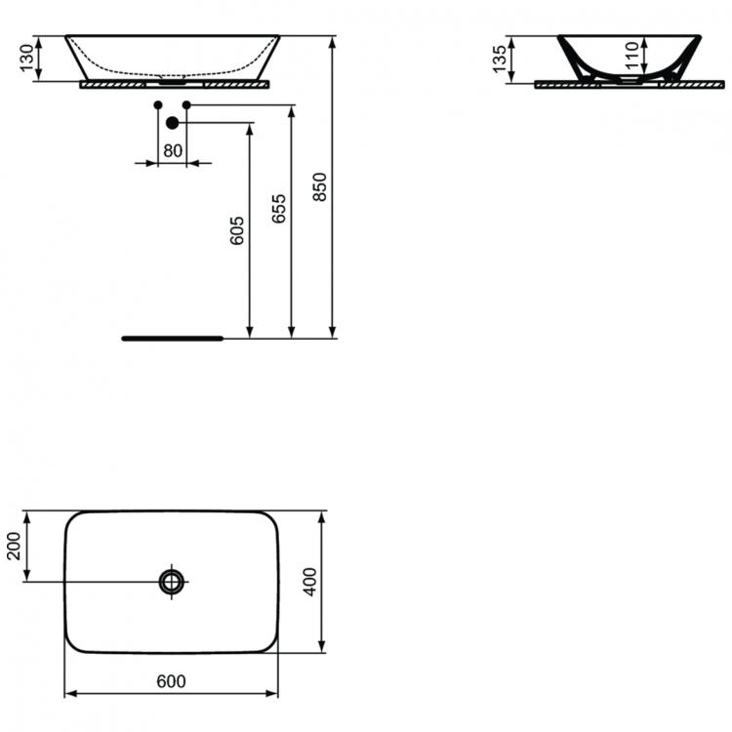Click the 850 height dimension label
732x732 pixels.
pos(320,186)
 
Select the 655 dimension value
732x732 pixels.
pos(279,209)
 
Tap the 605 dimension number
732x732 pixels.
pos(237,230)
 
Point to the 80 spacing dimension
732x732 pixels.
pos(173,150)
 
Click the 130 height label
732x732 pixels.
pos(27,58)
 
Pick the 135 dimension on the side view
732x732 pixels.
pos(499,60)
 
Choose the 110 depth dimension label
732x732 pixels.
pos(631,55)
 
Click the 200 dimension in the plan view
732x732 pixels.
pos(14,546)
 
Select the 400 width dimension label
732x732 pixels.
pos(310,582)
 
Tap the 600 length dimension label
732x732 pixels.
pos(172,681)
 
